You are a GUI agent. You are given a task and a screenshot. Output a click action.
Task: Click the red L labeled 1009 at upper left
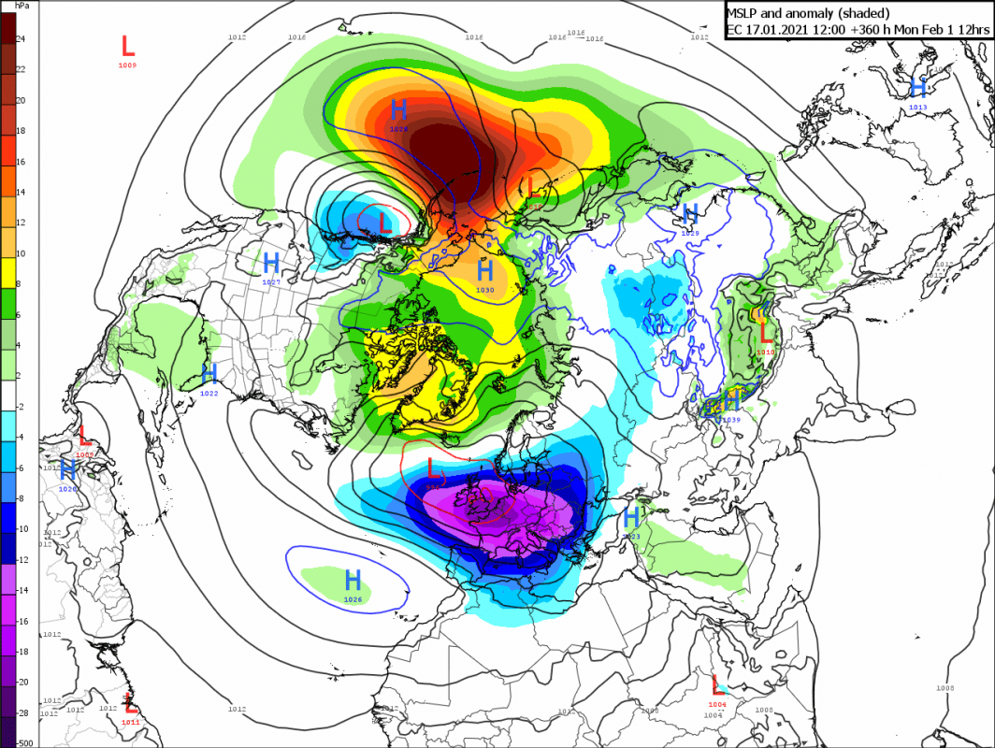coord(128,46)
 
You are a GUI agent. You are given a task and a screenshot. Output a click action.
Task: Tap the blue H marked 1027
coord(271,263)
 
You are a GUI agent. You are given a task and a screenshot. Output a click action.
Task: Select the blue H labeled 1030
coord(484,271)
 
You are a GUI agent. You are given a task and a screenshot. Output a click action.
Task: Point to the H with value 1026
coord(353,580)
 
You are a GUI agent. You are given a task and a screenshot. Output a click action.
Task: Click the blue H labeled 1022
coord(209,375)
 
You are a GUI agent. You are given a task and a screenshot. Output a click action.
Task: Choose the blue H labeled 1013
coord(917,88)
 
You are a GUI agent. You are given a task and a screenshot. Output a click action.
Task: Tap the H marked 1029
coord(690,213)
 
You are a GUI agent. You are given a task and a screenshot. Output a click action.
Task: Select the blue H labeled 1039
coord(731,400)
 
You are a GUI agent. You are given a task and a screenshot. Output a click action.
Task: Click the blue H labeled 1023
coord(631,517)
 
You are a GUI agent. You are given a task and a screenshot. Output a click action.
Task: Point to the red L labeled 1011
coord(130,703)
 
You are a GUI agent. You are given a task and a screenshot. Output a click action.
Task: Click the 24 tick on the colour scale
coord(21,39)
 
